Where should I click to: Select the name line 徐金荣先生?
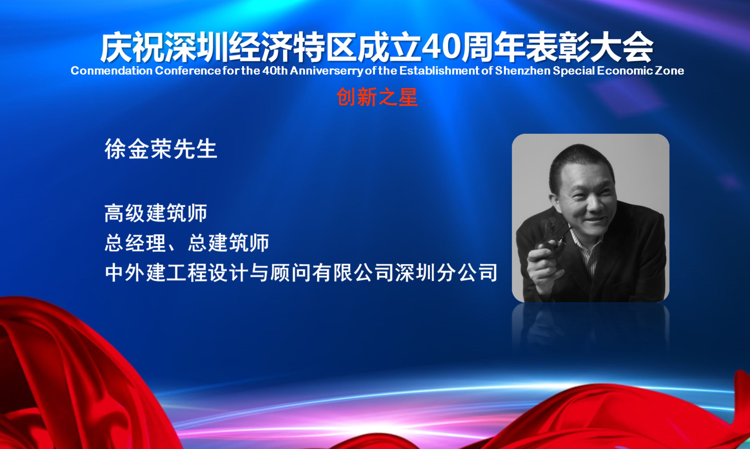coord(161,149)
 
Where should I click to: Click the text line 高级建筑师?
coord(156,213)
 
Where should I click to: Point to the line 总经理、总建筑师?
coord(187,243)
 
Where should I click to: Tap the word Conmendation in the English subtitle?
coord(112,71)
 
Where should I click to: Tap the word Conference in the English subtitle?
coord(188,71)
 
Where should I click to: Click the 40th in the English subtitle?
coord(275,71)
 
